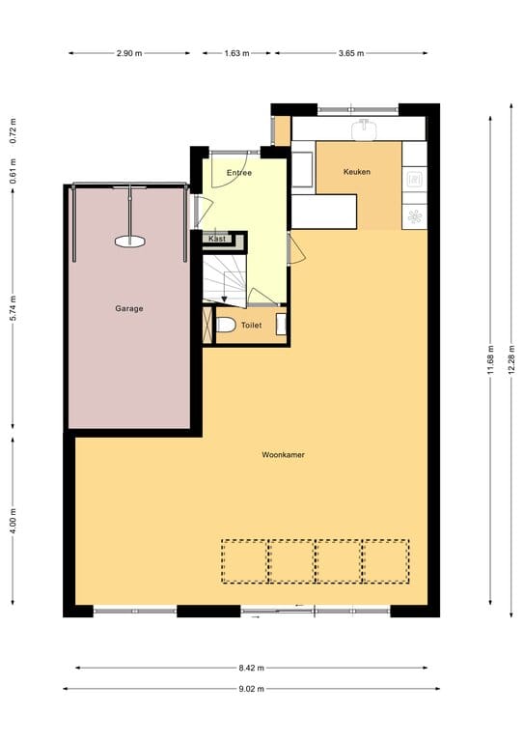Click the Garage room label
point(129,309)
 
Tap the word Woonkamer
point(283,454)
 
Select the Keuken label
point(356,172)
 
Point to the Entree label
point(238,173)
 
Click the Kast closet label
point(217,238)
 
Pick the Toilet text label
point(251,327)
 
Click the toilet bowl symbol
point(225,326)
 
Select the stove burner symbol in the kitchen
point(415,179)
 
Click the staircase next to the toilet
point(225,274)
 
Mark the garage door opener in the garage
point(128,242)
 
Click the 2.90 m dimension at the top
point(130,53)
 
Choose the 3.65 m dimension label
point(351,53)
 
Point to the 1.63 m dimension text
point(236,53)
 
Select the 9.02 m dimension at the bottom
point(252,689)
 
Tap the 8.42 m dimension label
point(252,668)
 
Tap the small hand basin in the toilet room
point(281,324)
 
